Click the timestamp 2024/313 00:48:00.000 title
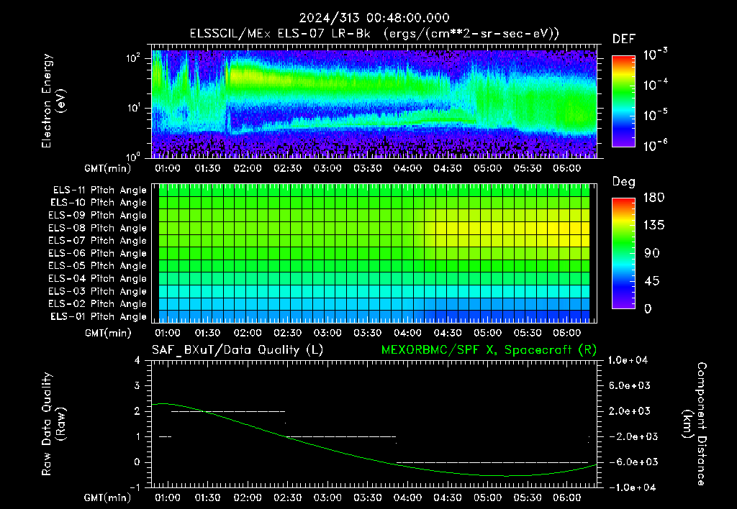pyautogui.click(x=374, y=18)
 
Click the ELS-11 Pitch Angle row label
pyautogui.click(x=99, y=191)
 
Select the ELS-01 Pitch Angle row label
pyautogui.click(x=98, y=316)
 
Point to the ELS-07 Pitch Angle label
pyautogui.click(x=97, y=240)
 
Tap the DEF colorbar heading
pyautogui.click(x=623, y=39)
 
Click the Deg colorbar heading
pyautogui.click(x=623, y=182)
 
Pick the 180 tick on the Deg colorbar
pyautogui.click(x=654, y=197)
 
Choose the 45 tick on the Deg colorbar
pyautogui.click(x=652, y=281)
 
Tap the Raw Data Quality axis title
pyautogui.click(x=54, y=423)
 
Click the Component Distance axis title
pyautogui.click(x=695, y=423)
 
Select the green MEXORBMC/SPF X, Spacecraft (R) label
pyautogui.click(x=489, y=350)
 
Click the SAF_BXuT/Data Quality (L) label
pyautogui.click(x=238, y=350)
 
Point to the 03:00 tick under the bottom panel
pyautogui.click(x=327, y=497)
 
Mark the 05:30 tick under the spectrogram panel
pyautogui.click(x=527, y=168)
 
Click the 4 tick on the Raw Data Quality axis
pyautogui.click(x=137, y=360)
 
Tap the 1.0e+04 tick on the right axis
pyautogui.click(x=628, y=360)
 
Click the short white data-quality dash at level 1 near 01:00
pyautogui.click(x=165, y=436)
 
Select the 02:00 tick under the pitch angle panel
pyautogui.click(x=248, y=333)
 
